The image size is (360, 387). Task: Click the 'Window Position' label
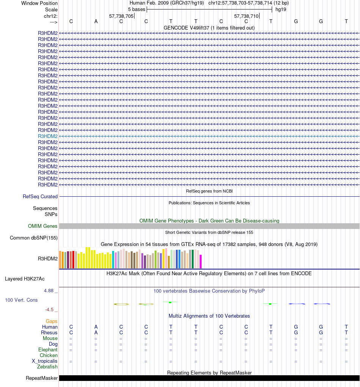(x=39, y=3)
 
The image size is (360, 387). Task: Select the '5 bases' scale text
(x=136, y=9)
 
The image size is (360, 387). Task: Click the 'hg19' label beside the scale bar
(x=281, y=9)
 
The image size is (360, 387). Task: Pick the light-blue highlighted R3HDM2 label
(x=48, y=136)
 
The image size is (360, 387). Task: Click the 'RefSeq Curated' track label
(x=40, y=197)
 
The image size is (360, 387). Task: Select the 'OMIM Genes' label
(x=43, y=226)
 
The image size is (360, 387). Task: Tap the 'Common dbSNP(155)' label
(x=33, y=238)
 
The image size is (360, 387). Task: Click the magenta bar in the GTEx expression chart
(x=201, y=261)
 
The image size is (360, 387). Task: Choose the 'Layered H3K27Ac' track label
(x=25, y=279)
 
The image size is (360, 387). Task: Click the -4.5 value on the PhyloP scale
(x=51, y=309)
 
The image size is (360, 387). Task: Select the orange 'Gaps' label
(x=52, y=321)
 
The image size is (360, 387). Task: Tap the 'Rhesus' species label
(x=49, y=333)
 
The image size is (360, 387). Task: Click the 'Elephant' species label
(x=48, y=350)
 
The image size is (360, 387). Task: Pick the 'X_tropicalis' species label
(x=45, y=361)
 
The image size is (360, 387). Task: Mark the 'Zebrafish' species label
(x=47, y=367)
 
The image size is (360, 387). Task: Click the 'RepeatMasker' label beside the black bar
(x=42, y=378)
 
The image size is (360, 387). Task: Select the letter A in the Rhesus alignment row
(x=96, y=333)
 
